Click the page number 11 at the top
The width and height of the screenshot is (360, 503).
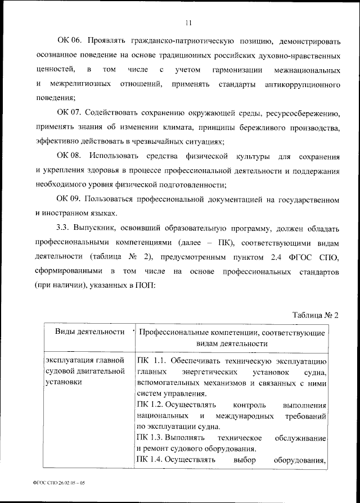188,22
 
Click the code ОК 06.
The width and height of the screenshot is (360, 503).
70,42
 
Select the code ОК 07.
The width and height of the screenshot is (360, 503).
70,115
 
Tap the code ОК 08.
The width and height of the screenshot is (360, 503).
70,155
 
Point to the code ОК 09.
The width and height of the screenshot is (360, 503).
70,199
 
